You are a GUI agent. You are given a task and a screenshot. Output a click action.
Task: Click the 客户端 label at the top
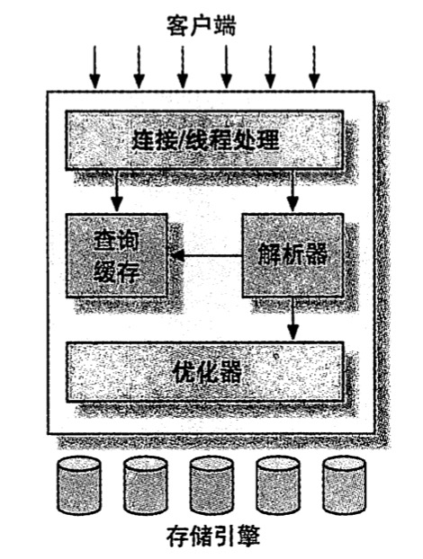coord(202,26)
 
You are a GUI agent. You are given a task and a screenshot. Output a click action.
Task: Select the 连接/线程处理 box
coord(204,140)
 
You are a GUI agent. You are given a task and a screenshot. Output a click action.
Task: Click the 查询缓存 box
coord(117,255)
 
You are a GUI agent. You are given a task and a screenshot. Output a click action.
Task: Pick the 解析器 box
coord(292,255)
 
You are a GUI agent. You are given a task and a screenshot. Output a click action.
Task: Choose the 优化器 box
coord(205,372)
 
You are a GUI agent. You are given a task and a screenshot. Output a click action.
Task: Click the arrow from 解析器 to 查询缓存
coord(206,255)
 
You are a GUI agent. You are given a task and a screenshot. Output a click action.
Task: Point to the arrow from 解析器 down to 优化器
coord(293,319)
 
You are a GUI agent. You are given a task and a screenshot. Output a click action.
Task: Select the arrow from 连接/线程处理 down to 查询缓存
coord(117,191)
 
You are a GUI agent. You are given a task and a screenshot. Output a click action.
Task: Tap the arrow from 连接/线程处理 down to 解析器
coord(292,191)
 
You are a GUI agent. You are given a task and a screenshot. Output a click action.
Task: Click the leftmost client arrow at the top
coord(95,67)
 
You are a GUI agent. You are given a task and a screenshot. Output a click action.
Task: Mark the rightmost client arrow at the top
coord(314,67)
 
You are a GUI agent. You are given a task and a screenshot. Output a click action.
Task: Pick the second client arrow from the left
coord(139,67)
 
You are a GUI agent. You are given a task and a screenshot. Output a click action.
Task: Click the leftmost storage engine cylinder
coord(79,485)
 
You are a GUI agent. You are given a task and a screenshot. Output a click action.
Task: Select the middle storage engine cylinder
coord(211,485)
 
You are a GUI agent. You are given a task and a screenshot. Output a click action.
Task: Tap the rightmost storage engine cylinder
coord(344,485)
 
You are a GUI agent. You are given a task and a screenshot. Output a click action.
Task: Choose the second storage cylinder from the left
coord(145,485)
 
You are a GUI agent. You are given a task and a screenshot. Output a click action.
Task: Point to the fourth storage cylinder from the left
coord(278,485)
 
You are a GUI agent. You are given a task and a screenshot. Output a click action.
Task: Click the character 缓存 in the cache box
coord(116,272)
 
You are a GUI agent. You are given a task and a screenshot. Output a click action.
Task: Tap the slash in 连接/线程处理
coord(182,140)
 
